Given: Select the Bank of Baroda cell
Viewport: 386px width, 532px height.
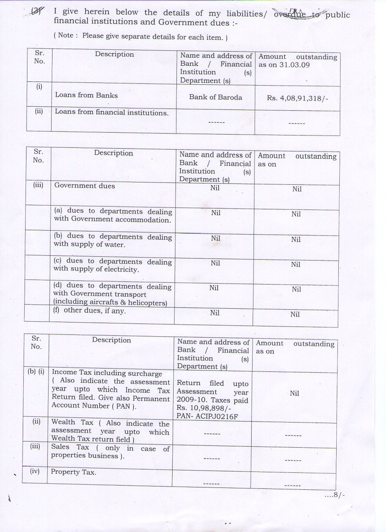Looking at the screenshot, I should (x=215, y=97).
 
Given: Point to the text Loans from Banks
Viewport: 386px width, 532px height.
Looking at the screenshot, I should (x=87, y=95).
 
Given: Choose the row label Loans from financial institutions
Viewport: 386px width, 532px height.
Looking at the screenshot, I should (x=112, y=112).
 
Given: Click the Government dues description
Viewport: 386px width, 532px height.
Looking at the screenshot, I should (x=85, y=186).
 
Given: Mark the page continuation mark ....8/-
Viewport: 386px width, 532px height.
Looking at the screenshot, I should (x=334, y=495).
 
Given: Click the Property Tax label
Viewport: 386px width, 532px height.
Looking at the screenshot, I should (x=73, y=472).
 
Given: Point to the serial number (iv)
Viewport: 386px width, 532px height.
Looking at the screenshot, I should (x=37, y=471).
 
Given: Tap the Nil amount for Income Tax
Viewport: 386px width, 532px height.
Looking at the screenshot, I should (x=294, y=393).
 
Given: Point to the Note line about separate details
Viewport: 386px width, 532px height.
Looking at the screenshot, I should (x=141, y=36).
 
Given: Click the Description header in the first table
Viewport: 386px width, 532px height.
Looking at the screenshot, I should (x=114, y=54).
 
